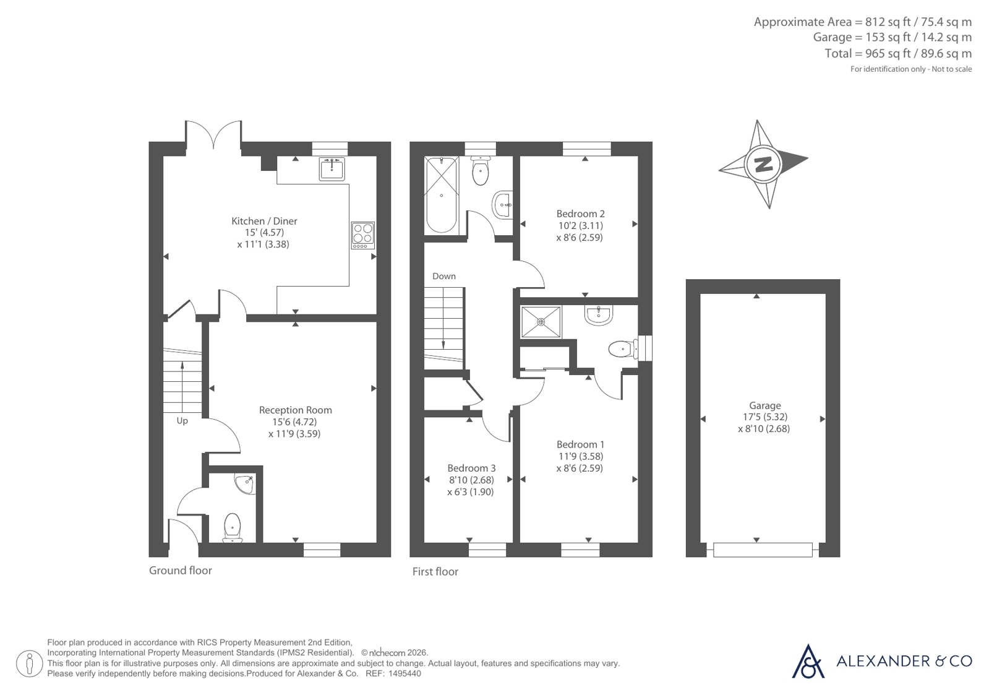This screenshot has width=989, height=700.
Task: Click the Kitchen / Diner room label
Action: click(x=264, y=221)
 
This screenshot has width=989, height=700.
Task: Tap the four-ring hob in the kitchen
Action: click(x=363, y=235)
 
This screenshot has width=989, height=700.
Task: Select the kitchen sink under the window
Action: click(x=332, y=168)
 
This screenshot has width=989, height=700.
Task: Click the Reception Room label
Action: click(x=296, y=410)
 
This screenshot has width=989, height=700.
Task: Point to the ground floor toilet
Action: click(x=232, y=528)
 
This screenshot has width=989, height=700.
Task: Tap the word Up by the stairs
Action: click(x=182, y=421)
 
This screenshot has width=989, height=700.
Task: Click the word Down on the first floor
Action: click(x=443, y=276)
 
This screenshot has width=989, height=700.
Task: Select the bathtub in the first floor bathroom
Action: click(x=441, y=195)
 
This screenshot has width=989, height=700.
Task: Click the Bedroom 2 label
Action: click(x=580, y=214)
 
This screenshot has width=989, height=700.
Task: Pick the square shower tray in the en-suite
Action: click(x=541, y=322)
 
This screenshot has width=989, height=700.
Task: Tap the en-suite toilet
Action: click(x=623, y=350)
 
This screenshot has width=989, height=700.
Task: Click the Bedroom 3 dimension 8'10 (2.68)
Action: click(x=471, y=480)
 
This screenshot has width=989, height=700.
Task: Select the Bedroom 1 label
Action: click(x=580, y=444)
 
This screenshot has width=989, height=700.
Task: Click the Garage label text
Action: click(x=764, y=405)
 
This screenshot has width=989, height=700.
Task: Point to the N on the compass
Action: click(x=763, y=165)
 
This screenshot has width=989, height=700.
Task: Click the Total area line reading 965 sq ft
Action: click(x=898, y=53)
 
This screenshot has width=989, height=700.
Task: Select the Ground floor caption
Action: click(x=180, y=571)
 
